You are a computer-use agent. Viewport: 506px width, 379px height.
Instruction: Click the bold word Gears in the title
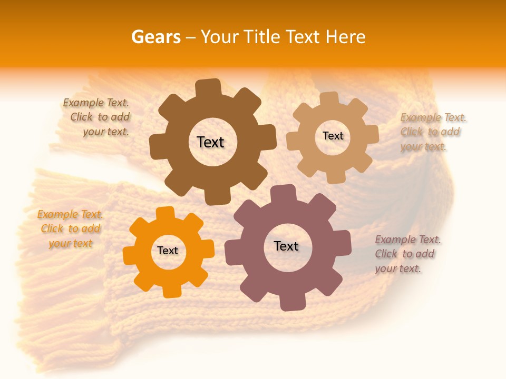click(x=155, y=37)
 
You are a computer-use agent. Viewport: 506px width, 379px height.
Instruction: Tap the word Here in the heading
click(x=346, y=37)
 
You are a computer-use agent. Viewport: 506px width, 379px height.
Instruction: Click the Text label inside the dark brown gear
click(x=210, y=142)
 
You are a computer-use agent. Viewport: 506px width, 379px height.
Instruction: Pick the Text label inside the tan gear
click(x=333, y=136)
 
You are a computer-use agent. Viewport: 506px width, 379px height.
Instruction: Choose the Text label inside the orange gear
click(x=168, y=251)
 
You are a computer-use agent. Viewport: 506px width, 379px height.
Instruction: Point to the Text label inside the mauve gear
click(x=286, y=246)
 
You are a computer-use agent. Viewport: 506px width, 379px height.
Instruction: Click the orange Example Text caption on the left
click(x=70, y=228)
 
